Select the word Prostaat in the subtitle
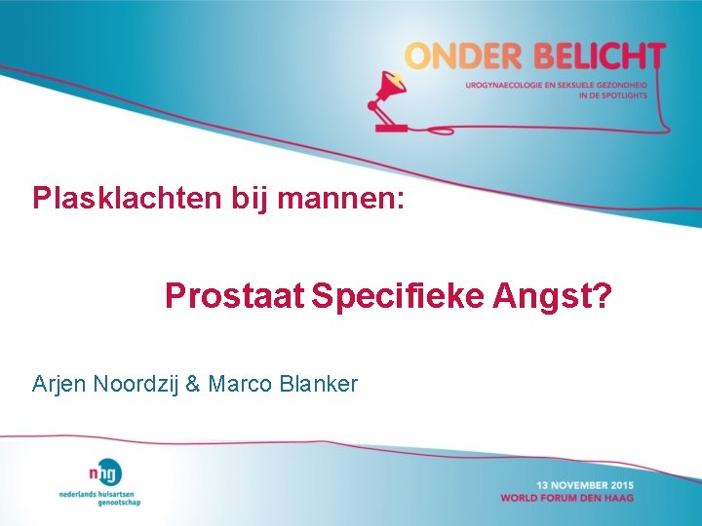coord(235,295)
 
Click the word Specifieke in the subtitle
coord(407,295)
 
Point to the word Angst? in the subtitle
coord(562,295)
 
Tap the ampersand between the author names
coord(192,384)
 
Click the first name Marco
coord(239,384)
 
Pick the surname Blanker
coord(318,384)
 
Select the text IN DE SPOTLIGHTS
coord(612,95)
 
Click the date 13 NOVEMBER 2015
coord(584,485)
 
